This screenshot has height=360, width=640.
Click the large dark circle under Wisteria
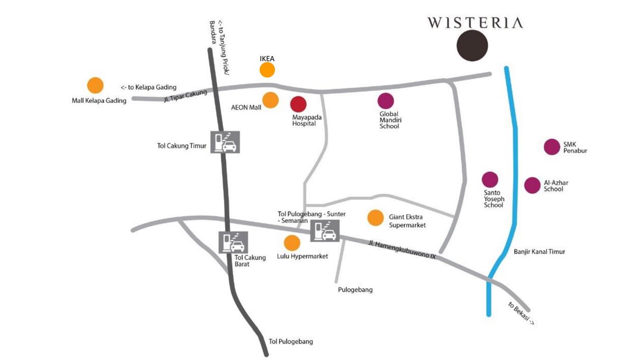point(472,45)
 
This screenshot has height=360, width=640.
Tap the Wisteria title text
point(475,23)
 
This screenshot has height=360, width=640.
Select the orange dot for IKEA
point(267,70)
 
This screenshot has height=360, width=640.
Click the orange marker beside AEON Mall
point(270,100)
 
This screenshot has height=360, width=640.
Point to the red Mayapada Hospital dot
point(298,104)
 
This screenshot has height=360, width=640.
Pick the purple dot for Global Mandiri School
point(385,101)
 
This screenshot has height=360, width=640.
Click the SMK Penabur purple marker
point(551,147)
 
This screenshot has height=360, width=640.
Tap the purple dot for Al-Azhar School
point(532,185)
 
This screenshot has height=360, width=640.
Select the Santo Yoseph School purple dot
point(490,180)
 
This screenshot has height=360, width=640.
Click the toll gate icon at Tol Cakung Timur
point(225,142)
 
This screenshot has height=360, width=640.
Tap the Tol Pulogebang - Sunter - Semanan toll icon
point(325,231)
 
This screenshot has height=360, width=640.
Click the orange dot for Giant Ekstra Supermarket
point(375,217)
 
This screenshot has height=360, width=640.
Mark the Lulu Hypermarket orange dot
point(292,243)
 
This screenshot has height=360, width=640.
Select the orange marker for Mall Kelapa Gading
point(95,85)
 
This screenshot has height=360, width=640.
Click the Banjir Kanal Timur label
point(539,252)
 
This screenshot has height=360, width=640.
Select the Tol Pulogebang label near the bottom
point(291,342)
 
